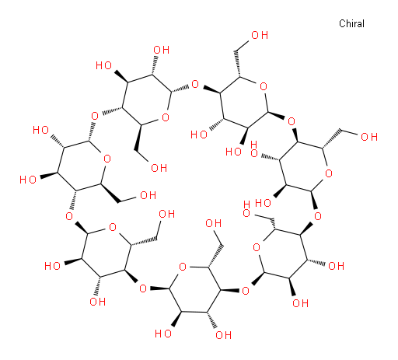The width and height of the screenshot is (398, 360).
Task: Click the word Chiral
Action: click(x=351, y=23)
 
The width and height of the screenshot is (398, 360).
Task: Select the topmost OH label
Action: click(x=260, y=35)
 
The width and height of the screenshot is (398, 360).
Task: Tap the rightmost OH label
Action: click(x=369, y=137)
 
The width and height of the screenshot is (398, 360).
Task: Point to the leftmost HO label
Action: click(x=28, y=180)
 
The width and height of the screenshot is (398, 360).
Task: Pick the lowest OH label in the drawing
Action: click(x=223, y=335)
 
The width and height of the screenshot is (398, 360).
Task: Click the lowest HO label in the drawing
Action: click(x=163, y=334)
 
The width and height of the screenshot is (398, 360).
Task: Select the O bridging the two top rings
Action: click(x=195, y=84)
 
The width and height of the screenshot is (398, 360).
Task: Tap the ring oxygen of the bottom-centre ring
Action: click(x=183, y=267)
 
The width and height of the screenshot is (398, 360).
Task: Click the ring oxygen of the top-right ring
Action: click(x=264, y=86)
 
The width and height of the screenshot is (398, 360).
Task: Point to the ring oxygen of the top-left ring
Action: click(x=166, y=117)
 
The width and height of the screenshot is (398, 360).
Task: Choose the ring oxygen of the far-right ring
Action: click(x=329, y=173)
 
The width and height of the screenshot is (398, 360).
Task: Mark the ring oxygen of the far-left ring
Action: click(x=107, y=159)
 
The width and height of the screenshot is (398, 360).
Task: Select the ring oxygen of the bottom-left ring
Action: click(x=113, y=227)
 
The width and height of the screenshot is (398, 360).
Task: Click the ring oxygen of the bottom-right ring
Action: click(x=257, y=247)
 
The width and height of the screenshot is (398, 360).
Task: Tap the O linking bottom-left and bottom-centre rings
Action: click(x=143, y=288)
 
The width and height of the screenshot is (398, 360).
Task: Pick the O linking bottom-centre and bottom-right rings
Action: click(x=246, y=291)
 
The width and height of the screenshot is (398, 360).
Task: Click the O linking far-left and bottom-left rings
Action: click(x=69, y=216)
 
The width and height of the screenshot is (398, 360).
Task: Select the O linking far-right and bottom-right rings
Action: click(x=318, y=215)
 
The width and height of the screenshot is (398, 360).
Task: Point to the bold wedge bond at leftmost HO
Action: click(x=48, y=175)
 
